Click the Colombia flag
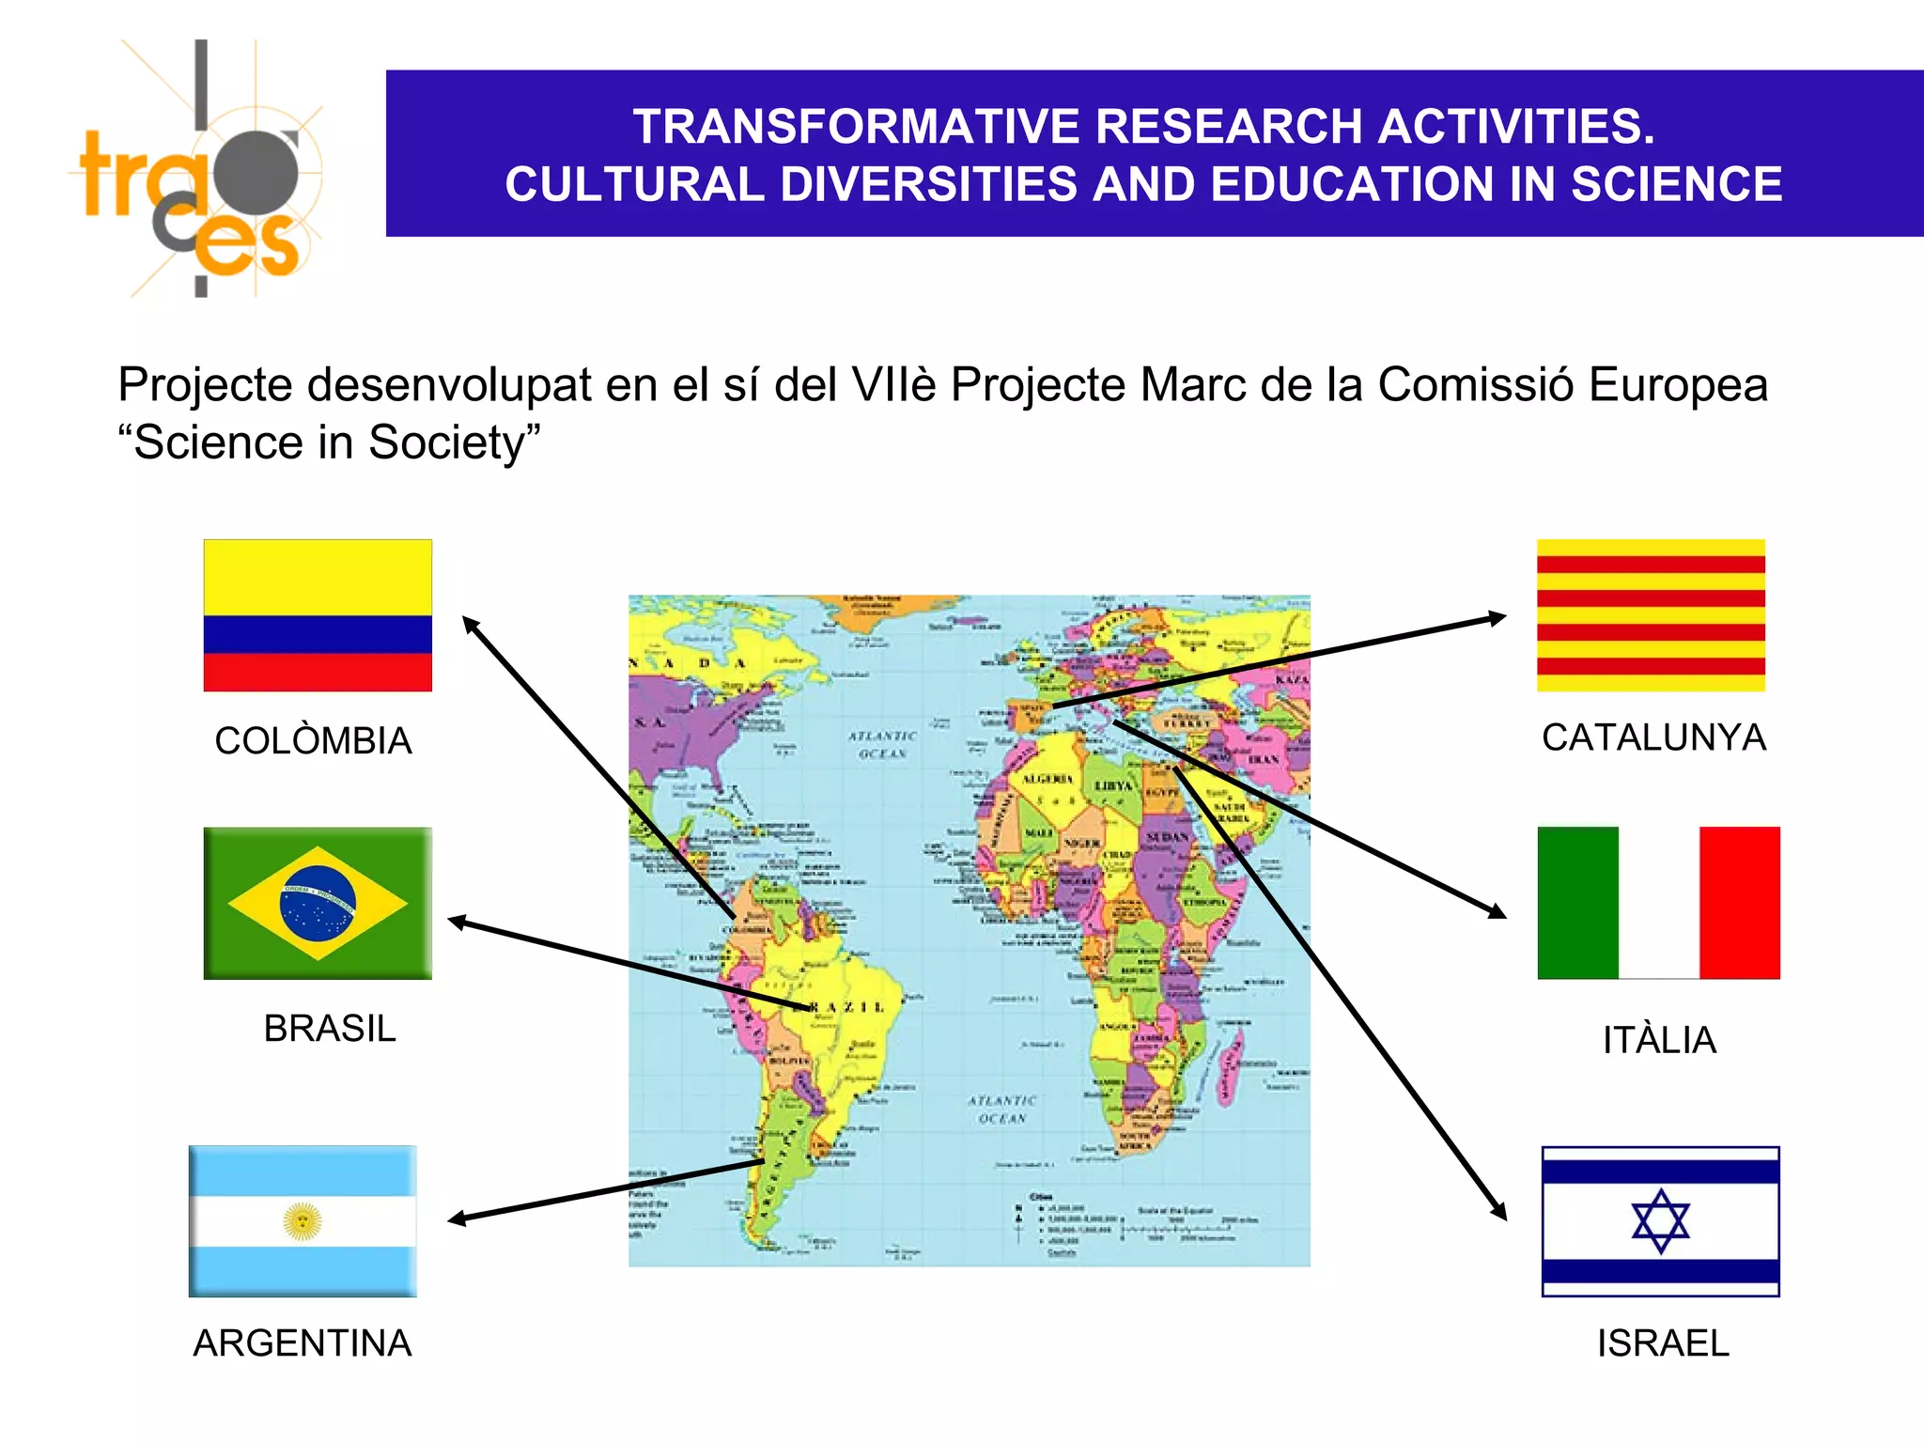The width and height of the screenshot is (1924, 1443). tap(318, 615)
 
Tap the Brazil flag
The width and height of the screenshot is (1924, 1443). tap(318, 903)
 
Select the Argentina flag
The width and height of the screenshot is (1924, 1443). tap(303, 1221)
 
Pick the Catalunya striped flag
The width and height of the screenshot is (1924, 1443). tap(1651, 615)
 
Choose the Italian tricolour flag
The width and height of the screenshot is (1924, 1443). tap(1658, 903)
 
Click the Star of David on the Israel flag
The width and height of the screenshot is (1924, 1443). tap(1660, 1220)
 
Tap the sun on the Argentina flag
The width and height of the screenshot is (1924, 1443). tap(302, 1221)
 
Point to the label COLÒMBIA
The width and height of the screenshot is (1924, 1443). tap(313, 740)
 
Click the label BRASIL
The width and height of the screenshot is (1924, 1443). tap(330, 1028)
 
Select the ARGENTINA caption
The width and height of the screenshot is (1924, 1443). tap(303, 1342)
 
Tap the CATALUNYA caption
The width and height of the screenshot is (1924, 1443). tap(1653, 737)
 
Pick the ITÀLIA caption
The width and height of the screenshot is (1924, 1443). tap(1659, 1040)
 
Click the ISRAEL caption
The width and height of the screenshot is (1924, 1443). tap(1663, 1342)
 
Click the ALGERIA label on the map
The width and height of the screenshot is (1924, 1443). tap(1047, 780)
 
